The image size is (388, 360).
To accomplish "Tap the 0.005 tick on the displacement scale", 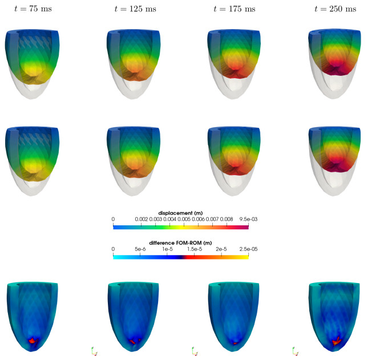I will (184, 219).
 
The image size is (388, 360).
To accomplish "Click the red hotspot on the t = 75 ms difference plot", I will (33, 340).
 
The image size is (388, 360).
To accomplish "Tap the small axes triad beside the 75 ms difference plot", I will (93, 350).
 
